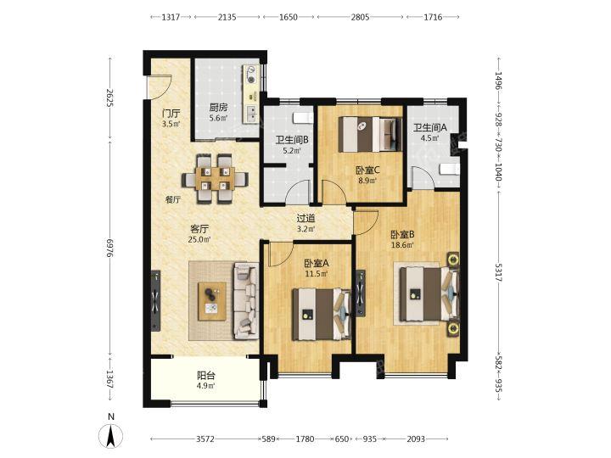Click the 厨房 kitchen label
coord(218,107)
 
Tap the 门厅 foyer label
coord(171,114)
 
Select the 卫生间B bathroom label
coord(292,140)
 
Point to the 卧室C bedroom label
coord(367,170)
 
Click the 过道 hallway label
coord(305,219)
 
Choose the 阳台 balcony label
coord(206,376)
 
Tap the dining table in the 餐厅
coord(215,179)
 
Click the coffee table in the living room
coord(212,301)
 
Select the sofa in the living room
coord(245,300)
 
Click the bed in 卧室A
coord(322,314)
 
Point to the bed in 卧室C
coord(369,134)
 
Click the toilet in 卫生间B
coord(303,118)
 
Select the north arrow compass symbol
coord(111,435)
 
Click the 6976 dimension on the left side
coord(111,248)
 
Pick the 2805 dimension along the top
coord(360,17)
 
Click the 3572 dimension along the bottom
coord(205,439)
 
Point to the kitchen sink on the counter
coord(252,114)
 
